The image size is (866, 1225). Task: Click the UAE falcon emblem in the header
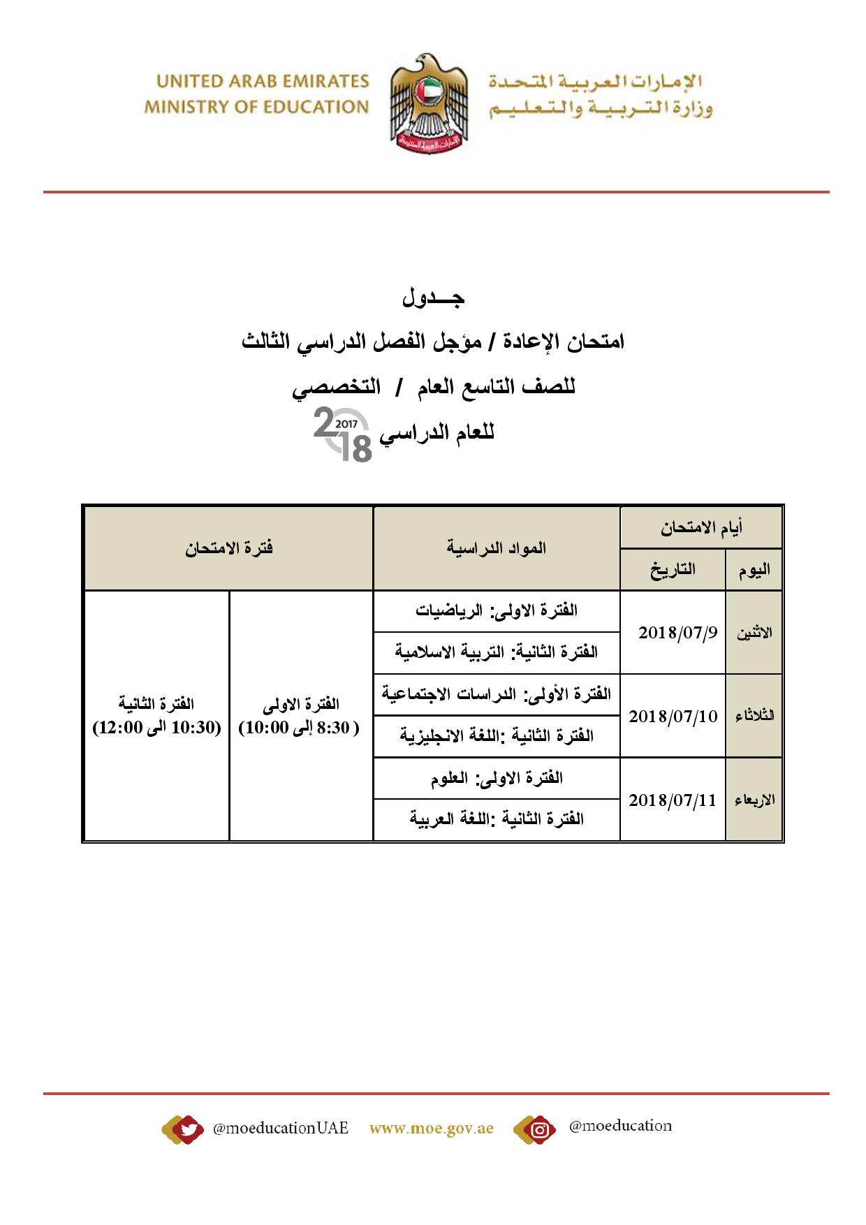[x=428, y=105]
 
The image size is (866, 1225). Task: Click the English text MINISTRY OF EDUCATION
[x=256, y=108]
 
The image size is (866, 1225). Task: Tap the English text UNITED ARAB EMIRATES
[x=263, y=81]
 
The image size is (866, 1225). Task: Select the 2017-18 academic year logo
[x=343, y=437]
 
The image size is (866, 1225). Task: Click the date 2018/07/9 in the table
[x=677, y=633]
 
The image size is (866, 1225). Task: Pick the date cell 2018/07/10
[x=673, y=717]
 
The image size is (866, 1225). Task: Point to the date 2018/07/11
[x=673, y=800]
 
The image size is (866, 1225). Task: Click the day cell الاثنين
[x=754, y=633]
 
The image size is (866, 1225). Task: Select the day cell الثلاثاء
[x=754, y=717]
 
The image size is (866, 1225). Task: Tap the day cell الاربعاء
[x=754, y=800]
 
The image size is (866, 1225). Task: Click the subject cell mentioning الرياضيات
[x=497, y=611]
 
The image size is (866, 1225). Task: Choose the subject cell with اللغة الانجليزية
[x=497, y=736]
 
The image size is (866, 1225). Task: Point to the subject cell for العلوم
[x=497, y=779]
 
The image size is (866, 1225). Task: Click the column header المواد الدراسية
[x=497, y=548]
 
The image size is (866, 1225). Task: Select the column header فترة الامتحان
[x=228, y=548]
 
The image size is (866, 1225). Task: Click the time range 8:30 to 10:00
[x=300, y=728]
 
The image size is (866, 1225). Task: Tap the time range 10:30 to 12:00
[x=157, y=728]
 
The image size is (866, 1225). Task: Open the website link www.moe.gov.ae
[x=431, y=1129]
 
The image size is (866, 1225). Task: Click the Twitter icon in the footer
[x=184, y=1129]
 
